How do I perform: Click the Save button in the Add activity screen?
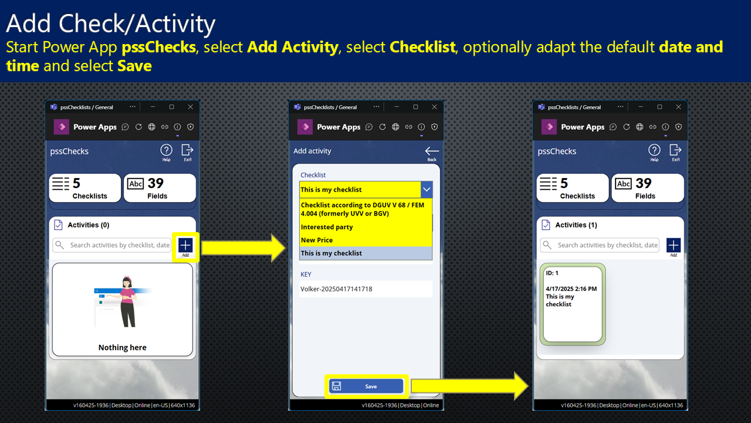click(366, 386)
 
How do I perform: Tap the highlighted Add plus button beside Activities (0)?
click(185, 246)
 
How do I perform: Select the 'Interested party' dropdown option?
click(327, 227)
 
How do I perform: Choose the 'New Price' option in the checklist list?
click(317, 240)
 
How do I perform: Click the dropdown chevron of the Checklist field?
click(427, 189)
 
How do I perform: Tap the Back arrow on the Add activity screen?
click(432, 151)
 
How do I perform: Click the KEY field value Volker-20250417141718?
click(336, 289)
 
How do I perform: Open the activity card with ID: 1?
click(572, 304)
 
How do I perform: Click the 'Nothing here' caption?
click(123, 347)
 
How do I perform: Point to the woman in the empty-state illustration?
click(127, 301)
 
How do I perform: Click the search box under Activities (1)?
click(600, 245)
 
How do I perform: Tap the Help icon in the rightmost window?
click(654, 150)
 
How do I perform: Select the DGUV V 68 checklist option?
click(363, 209)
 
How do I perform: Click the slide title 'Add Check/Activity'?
click(111, 23)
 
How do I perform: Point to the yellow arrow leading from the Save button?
click(470, 386)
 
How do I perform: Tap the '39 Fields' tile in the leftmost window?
click(160, 188)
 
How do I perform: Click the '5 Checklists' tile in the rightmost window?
click(573, 188)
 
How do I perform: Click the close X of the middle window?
click(435, 107)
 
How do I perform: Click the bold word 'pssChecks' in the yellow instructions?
click(158, 47)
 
